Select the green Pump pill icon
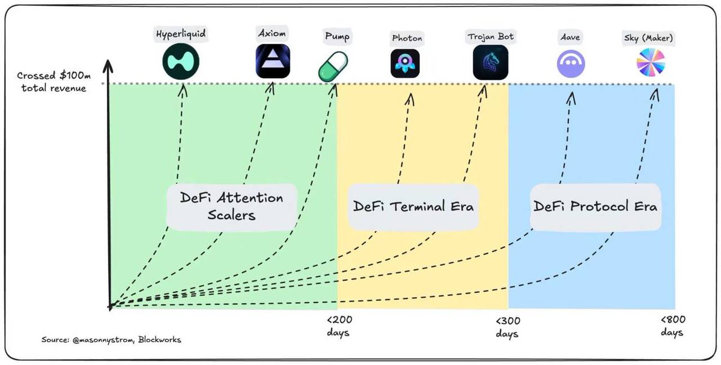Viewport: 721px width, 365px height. (333, 65)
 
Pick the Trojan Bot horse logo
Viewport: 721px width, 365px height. (490, 62)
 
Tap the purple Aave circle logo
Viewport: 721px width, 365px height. (571, 62)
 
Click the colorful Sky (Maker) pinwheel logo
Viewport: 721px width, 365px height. (651, 63)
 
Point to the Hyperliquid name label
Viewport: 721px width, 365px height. (181, 34)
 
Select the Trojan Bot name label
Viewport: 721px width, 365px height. (490, 37)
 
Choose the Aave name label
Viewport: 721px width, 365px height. (571, 38)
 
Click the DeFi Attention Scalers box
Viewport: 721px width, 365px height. (231, 206)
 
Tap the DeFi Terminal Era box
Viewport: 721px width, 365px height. (413, 207)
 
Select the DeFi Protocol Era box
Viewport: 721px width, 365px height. (595, 207)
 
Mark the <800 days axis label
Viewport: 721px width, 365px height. (672, 325)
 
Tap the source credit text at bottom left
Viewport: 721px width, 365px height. (111, 340)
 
